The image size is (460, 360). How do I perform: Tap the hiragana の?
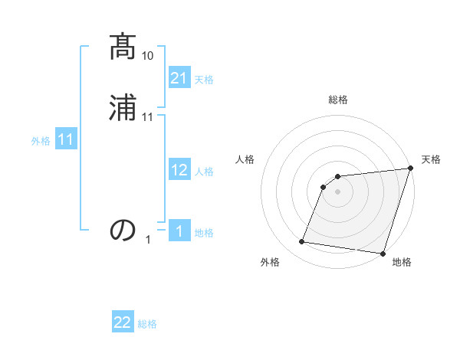tap(123, 230)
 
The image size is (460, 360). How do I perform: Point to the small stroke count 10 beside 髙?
tap(148, 56)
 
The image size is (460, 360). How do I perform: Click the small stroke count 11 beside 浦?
tap(148, 116)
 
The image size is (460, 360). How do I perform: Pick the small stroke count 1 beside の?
tap(148, 239)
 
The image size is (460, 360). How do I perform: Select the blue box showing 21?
tap(179, 79)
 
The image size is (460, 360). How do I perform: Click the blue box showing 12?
tap(179, 171)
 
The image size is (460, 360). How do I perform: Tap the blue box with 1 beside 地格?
tap(179, 232)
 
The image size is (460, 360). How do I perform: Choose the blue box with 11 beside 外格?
tap(65, 140)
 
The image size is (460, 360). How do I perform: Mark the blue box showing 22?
tap(123, 322)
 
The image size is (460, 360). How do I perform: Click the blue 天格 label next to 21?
tap(204, 80)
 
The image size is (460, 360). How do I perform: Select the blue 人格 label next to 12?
tap(204, 172)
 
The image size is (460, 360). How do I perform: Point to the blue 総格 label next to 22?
tap(147, 323)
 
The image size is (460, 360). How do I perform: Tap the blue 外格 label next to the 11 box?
tap(41, 141)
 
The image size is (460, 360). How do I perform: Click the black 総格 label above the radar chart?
tap(338, 100)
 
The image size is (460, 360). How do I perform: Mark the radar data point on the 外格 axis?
tap(302, 242)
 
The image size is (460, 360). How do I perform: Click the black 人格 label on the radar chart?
tap(245, 159)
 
